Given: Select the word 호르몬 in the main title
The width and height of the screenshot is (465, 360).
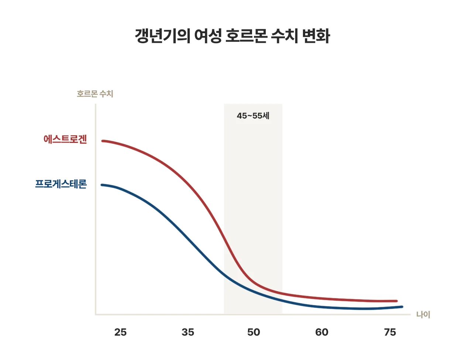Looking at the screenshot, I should pyautogui.click(x=246, y=36).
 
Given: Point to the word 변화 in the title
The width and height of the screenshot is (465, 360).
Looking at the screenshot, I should pyautogui.click(x=316, y=36).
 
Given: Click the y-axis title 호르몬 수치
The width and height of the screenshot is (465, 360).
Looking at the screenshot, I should pyautogui.click(x=95, y=94).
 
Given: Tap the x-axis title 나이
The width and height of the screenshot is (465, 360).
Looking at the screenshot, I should pyautogui.click(x=423, y=315).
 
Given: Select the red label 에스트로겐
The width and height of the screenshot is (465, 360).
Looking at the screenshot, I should pyautogui.click(x=65, y=139).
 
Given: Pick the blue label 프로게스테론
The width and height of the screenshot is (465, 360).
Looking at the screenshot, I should pyautogui.click(x=61, y=184).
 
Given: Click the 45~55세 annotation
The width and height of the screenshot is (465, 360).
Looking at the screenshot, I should pyautogui.click(x=253, y=116).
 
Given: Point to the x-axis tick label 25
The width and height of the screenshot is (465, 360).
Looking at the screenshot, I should pyautogui.click(x=120, y=332).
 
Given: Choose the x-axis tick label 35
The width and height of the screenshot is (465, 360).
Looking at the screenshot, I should pyautogui.click(x=188, y=332).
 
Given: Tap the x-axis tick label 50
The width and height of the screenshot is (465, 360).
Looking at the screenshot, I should pyautogui.click(x=254, y=332).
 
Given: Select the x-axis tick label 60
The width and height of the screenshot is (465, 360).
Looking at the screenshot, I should pyautogui.click(x=322, y=332).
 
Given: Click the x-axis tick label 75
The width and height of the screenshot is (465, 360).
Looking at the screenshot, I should pyautogui.click(x=390, y=332).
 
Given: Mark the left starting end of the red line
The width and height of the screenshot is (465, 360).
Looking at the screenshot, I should pyautogui.click(x=103, y=141).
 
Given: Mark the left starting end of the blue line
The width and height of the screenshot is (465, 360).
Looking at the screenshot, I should pyautogui.click(x=102, y=185).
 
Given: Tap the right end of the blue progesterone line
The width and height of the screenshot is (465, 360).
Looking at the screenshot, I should pyautogui.click(x=402, y=306).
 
